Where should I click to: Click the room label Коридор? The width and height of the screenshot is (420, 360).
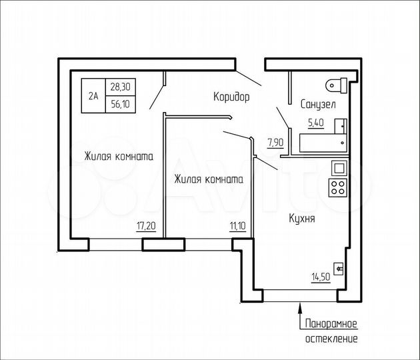(x=231, y=97)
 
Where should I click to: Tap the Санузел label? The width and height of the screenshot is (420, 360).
(x=317, y=105)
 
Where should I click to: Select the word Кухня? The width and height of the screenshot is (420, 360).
(x=302, y=218)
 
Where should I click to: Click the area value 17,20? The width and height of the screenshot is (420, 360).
(x=146, y=227)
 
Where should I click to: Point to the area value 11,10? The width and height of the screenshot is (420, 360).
(x=237, y=227)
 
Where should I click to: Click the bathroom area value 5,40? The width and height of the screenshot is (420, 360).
(x=316, y=123)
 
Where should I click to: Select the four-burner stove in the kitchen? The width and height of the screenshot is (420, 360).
(x=338, y=187)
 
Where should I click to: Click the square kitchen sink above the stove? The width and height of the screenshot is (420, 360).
(x=338, y=169)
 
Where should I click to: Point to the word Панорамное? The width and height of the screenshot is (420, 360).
(x=331, y=324)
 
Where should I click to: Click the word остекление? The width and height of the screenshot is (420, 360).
(x=331, y=339)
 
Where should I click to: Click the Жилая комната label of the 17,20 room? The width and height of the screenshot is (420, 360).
(x=119, y=157)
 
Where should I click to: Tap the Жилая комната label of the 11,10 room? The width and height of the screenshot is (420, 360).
(x=208, y=179)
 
